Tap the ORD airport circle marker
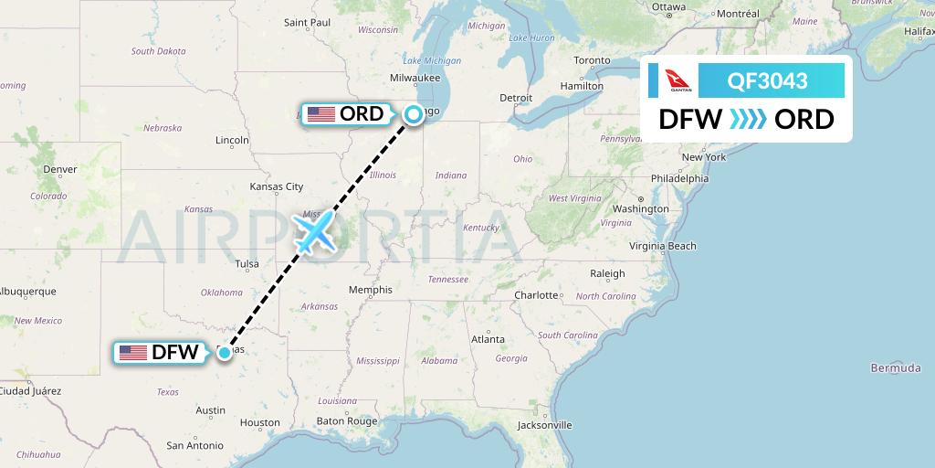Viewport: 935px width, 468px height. pyautogui.click(x=414, y=114)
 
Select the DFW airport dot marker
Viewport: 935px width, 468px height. pyautogui.click(x=225, y=352)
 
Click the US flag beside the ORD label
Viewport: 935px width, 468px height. pyautogui.click(x=321, y=114)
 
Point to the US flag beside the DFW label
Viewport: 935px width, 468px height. pyautogui.click(x=133, y=352)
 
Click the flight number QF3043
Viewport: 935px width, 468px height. pyautogui.click(x=767, y=80)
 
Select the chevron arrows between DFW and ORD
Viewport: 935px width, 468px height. pyautogui.click(x=749, y=120)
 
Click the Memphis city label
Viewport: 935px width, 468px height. pyautogui.click(x=371, y=290)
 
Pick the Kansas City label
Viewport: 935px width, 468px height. pyautogui.click(x=282, y=186)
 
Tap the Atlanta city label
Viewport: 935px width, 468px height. pyautogui.click(x=488, y=339)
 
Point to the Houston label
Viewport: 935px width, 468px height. pyautogui.click(x=259, y=422)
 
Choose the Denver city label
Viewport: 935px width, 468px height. pyautogui.click(x=60, y=169)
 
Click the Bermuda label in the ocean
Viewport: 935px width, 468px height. pyautogui.click(x=896, y=367)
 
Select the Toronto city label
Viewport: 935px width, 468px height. pyautogui.click(x=592, y=60)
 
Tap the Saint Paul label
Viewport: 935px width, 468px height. pyautogui.click(x=308, y=22)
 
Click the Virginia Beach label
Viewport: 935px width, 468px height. pyautogui.click(x=663, y=246)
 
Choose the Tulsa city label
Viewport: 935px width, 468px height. pyautogui.click(x=247, y=264)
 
